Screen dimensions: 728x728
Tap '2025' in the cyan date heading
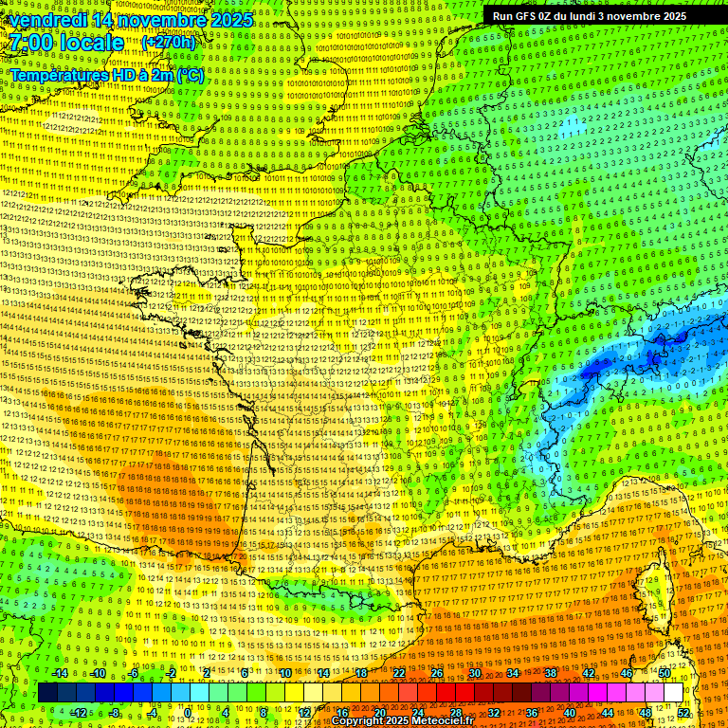point(230,20)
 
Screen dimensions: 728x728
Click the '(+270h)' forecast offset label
point(169,43)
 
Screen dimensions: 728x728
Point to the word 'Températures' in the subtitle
point(57,75)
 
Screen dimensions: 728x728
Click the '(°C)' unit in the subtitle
point(191,75)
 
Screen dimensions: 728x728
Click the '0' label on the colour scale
point(188,713)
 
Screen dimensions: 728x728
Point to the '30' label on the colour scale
point(474,673)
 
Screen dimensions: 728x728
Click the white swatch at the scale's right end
point(673,693)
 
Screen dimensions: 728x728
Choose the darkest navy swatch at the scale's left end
point(47,693)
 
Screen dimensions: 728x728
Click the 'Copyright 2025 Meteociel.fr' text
point(402,721)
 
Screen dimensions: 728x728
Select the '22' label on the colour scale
point(398,673)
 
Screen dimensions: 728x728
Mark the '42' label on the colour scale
point(588,673)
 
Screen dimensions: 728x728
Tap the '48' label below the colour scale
point(646,713)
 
